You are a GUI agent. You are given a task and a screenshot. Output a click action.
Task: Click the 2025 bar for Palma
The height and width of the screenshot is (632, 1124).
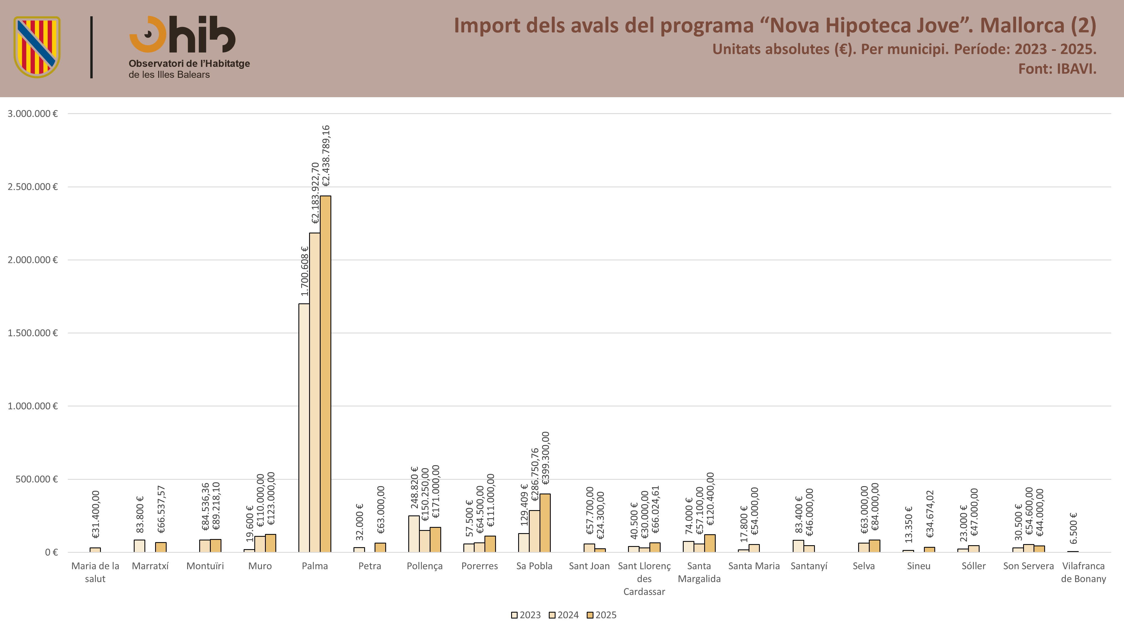tap(325, 374)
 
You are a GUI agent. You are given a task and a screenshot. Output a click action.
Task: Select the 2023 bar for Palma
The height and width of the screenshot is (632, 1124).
tap(304, 428)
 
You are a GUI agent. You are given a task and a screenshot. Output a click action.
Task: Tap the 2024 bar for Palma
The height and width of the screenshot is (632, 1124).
tap(315, 393)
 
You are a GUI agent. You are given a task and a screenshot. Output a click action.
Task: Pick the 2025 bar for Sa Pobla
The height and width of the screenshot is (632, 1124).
tap(545, 523)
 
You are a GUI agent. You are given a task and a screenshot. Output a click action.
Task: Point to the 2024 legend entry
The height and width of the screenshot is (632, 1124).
tap(564, 615)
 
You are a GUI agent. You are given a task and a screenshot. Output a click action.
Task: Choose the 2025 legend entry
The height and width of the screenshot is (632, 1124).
tap(602, 615)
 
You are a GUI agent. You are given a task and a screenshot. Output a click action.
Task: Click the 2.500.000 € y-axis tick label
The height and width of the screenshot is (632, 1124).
tap(33, 187)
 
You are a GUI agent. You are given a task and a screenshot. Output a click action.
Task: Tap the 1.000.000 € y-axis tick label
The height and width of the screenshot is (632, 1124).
tap(33, 406)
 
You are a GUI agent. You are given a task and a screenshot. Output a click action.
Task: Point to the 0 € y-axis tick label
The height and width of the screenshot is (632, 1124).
tap(51, 552)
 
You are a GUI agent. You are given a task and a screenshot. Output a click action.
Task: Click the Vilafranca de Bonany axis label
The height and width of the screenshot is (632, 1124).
tap(1084, 572)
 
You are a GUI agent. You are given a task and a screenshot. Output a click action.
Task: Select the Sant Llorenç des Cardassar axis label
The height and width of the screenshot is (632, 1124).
tap(644, 579)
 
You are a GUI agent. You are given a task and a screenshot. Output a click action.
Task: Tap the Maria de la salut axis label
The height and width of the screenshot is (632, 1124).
tap(95, 572)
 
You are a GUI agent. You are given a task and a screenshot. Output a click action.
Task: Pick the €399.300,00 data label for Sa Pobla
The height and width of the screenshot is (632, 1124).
tap(545, 458)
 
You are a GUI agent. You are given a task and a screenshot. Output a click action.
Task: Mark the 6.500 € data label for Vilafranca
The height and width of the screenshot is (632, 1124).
tap(1073, 528)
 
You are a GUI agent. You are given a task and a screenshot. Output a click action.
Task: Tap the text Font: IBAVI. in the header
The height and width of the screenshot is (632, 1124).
tap(1057, 69)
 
